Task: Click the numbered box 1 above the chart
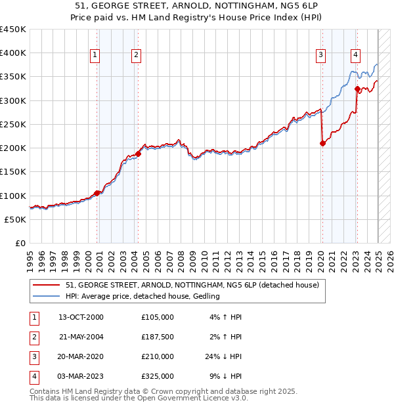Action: click(x=96, y=55)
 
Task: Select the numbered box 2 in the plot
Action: click(x=136, y=55)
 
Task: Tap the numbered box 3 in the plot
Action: click(x=321, y=55)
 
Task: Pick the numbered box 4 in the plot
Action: click(x=355, y=55)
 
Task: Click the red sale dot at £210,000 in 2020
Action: click(x=322, y=143)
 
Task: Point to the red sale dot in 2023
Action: click(x=357, y=89)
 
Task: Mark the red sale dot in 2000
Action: click(x=97, y=193)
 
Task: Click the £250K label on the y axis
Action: click(x=12, y=124)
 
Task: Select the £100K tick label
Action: click(x=12, y=196)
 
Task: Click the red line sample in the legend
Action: click(x=46, y=285)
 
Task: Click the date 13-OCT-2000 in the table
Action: click(x=81, y=316)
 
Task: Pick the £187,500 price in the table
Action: click(x=157, y=336)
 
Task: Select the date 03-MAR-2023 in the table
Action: click(x=81, y=376)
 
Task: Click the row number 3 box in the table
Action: click(x=33, y=356)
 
